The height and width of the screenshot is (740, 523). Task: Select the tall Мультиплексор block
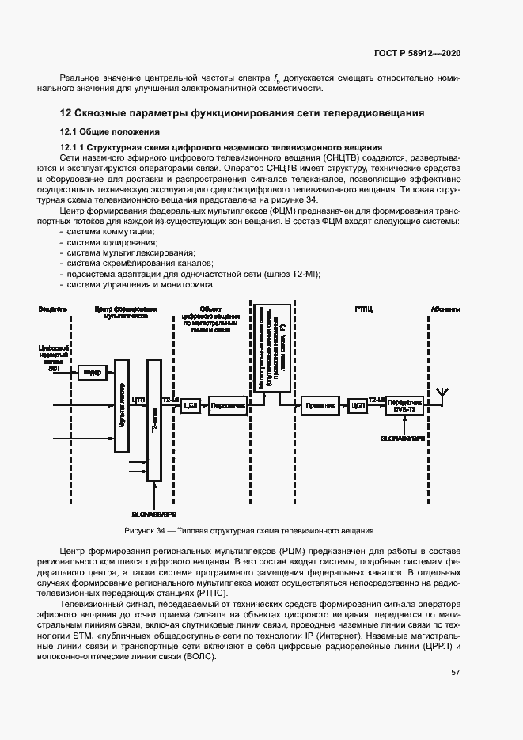click(x=121, y=405)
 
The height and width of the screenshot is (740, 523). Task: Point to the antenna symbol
click(x=442, y=393)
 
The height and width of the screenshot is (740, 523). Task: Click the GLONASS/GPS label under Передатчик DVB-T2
click(x=402, y=437)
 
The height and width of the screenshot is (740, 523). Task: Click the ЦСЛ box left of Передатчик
click(x=190, y=405)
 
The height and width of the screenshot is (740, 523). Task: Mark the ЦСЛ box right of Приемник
click(x=358, y=405)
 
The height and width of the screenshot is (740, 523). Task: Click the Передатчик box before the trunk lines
click(x=228, y=405)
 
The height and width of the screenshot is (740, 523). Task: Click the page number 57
click(x=456, y=673)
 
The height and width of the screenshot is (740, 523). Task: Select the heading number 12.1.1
click(x=73, y=148)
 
